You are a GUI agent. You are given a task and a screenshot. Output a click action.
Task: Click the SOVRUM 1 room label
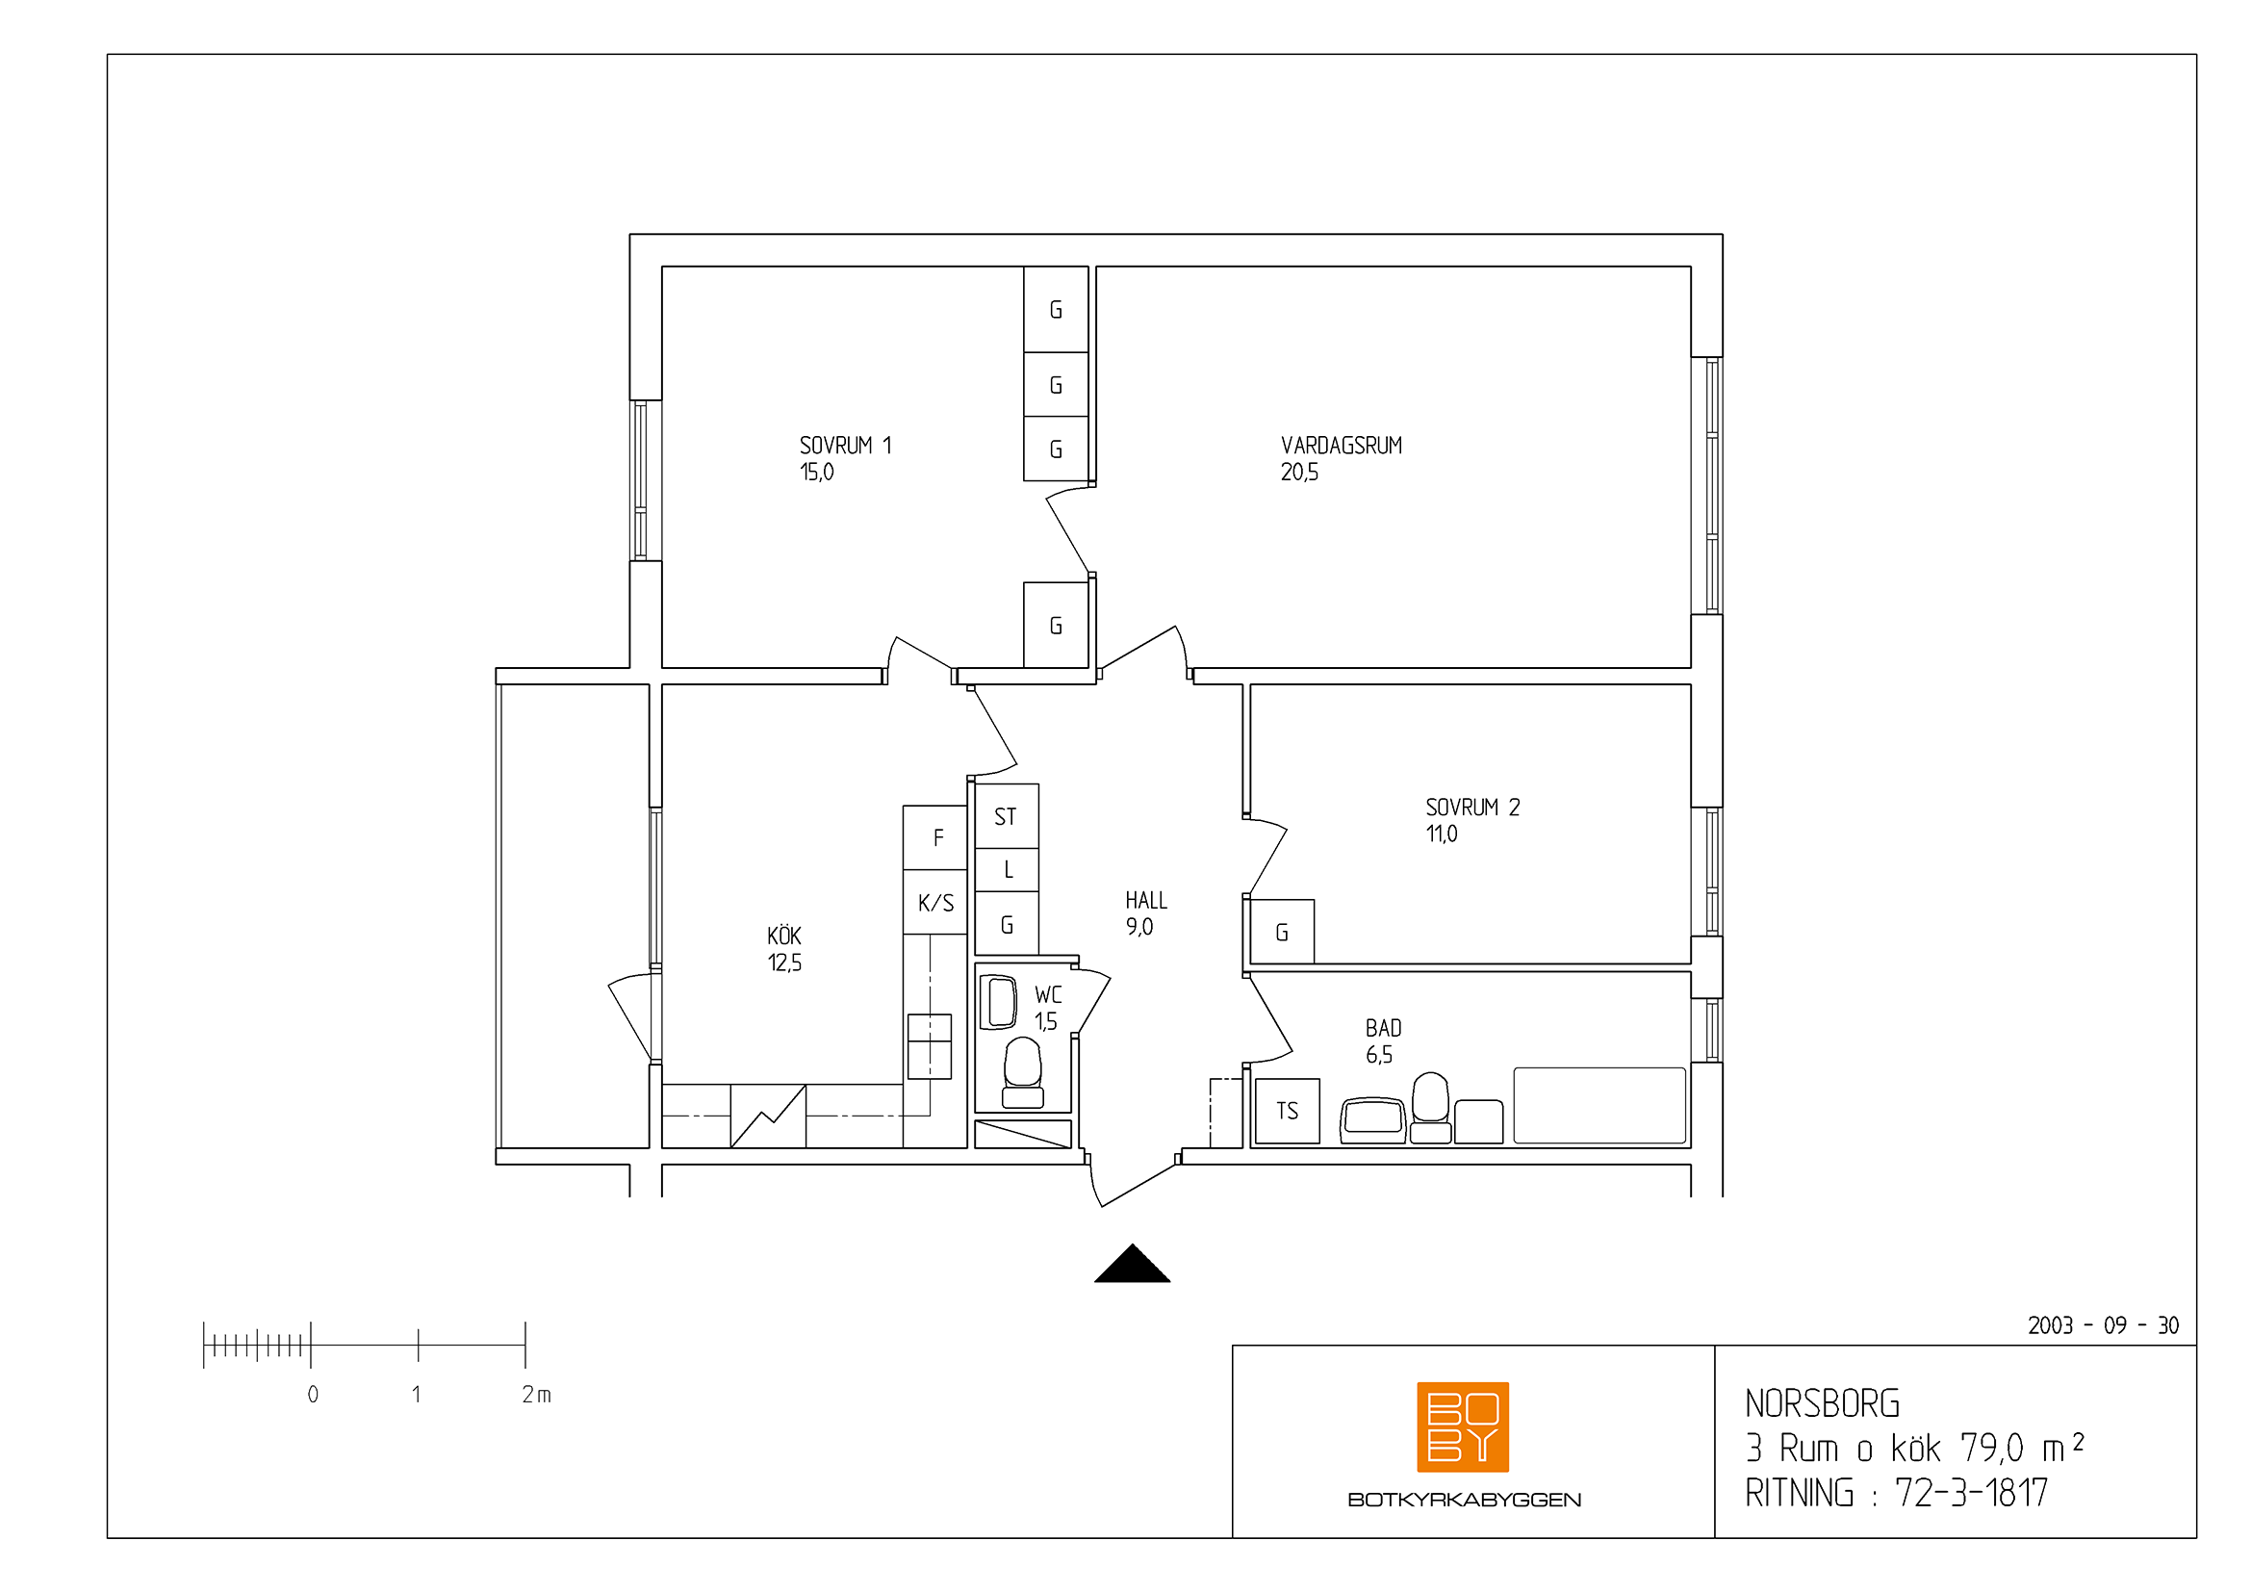pos(845,445)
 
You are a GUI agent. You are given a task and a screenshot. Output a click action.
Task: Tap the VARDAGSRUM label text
pos(1342,445)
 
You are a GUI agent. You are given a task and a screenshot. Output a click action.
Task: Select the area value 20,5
pos(1299,473)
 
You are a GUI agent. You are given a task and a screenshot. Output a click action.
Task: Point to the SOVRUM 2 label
pos(1472,808)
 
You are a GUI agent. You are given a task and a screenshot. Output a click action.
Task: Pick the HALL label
pos(1146,900)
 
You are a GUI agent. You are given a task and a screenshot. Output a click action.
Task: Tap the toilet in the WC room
pos(1023,1072)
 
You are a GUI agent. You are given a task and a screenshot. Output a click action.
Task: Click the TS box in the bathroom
pos(1288,1111)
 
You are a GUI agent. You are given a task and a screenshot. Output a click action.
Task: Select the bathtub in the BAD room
pos(1599,1105)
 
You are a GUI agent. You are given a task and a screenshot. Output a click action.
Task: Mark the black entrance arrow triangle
pos(1133,1265)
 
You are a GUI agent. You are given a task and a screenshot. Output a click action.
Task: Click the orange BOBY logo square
pos(1463,1426)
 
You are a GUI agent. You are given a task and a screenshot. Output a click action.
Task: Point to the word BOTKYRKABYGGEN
pos(1464,1500)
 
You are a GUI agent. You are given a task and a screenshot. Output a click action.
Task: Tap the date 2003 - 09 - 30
pos(2103,1326)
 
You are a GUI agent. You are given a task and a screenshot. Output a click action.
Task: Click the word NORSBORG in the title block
pos(1823,1403)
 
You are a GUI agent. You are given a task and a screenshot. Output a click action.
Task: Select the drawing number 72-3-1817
pos(1972,1493)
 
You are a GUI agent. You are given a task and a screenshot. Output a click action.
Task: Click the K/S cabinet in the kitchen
pos(935,902)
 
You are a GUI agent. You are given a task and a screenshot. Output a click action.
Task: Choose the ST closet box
pos(1007,815)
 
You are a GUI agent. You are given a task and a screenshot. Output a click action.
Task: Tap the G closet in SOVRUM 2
pos(1282,932)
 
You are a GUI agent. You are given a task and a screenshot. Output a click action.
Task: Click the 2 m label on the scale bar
pos(536,1394)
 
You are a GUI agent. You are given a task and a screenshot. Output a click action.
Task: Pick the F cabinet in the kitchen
pos(935,837)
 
